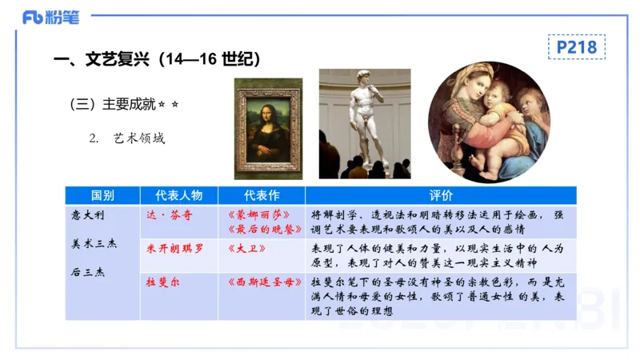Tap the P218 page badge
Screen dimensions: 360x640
click(x=576, y=47)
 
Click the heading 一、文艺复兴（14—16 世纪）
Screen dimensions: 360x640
click(x=155, y=60)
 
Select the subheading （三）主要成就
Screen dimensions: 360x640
click(x=117, y=104)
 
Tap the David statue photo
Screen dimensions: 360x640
click(x=365, y=123)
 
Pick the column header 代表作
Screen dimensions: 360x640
click(x=261, y=195)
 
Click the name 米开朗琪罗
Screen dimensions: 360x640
click(x=175, y=249)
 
